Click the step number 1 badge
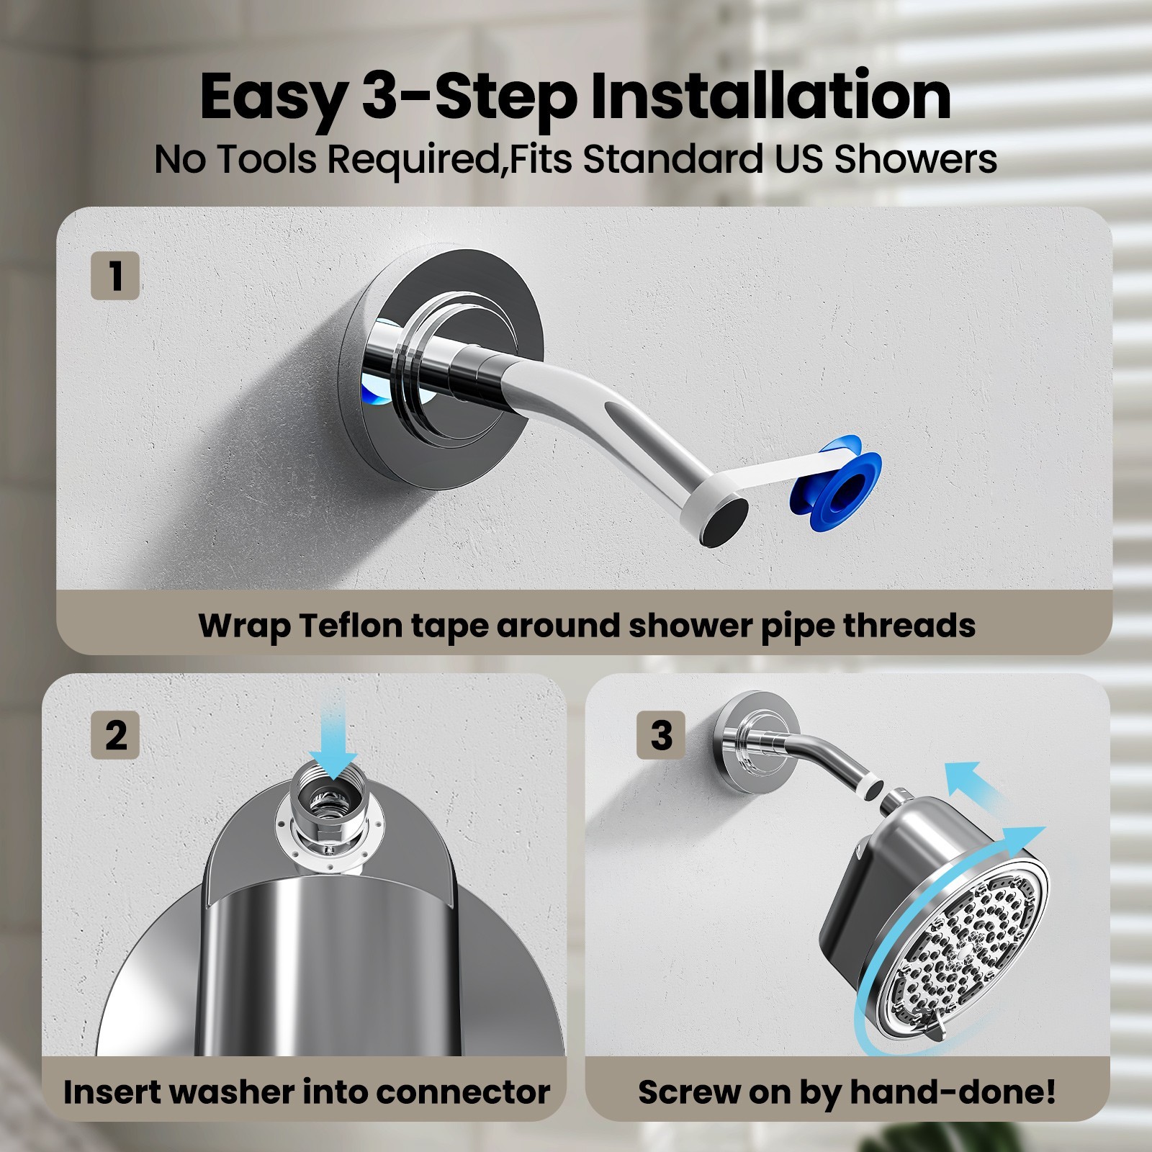tap(115, 276)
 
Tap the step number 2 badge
tap(115, 735)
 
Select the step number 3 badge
tap(661, 735)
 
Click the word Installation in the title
tap(770, 97)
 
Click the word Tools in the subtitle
tap(266, 159)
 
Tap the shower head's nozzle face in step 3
tap(965, 950)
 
